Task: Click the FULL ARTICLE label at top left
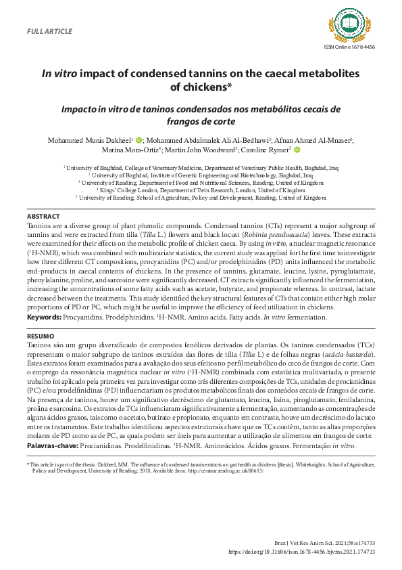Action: [49, 32]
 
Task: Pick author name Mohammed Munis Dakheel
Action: [89, 140]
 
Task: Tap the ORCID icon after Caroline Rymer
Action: [296, 150]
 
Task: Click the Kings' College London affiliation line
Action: [201, 191]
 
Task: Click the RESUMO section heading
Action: [40, 336]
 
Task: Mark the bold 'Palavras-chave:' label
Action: [52, 447]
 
